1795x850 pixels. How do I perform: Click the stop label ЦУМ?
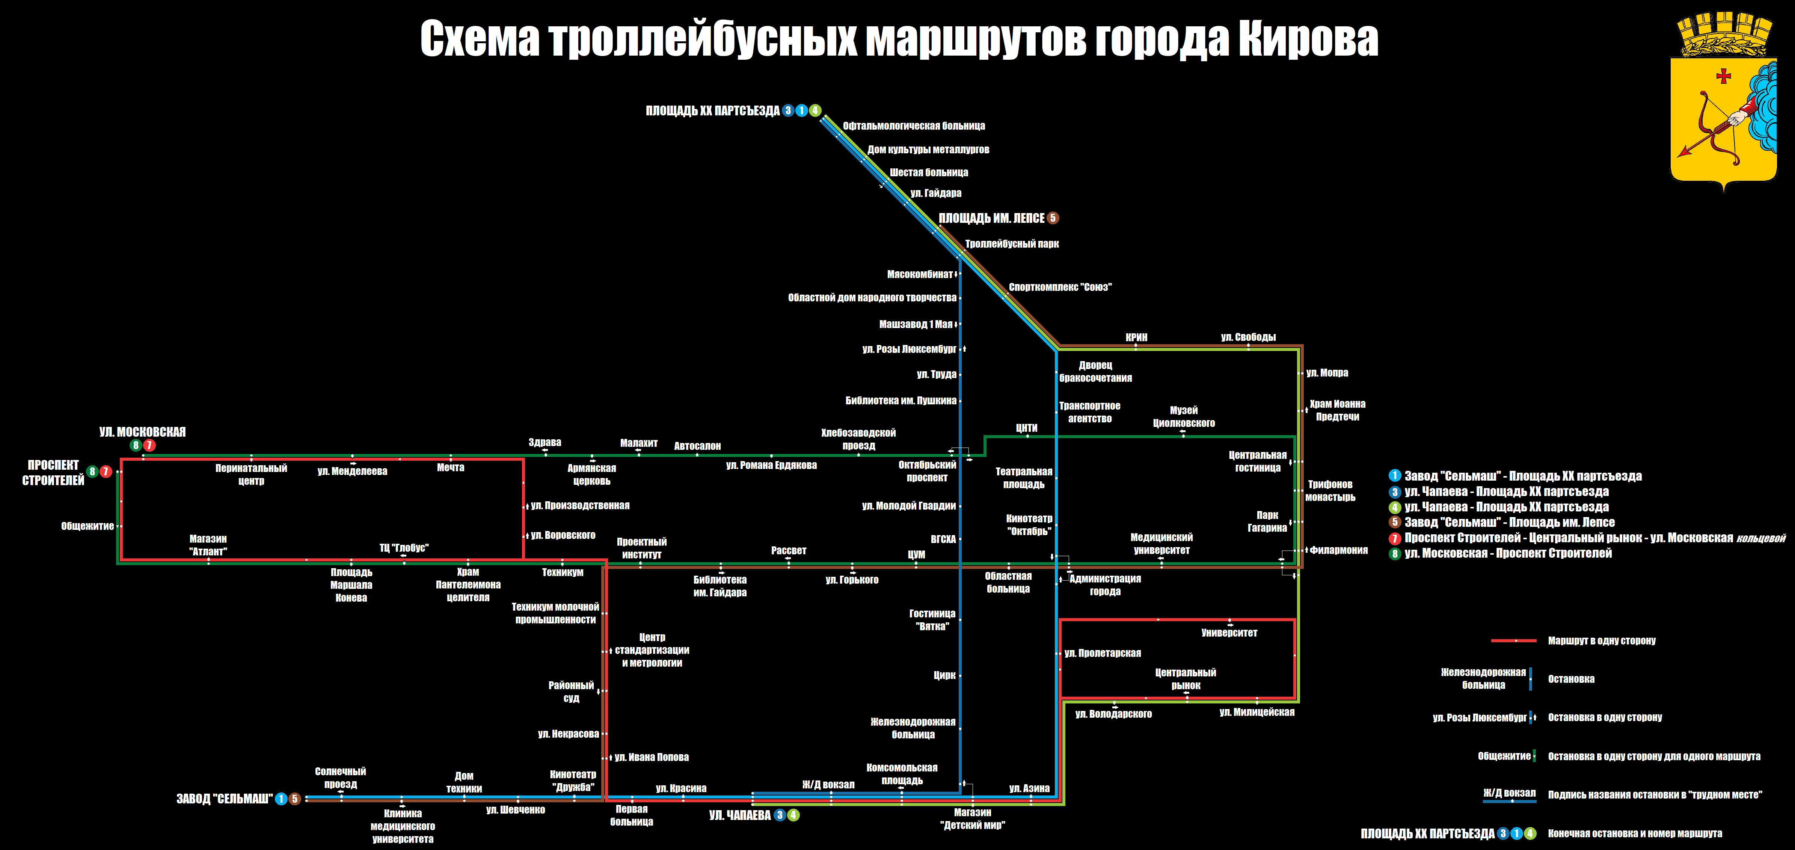coord(916,554)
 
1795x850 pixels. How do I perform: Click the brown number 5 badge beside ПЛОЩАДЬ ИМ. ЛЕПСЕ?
coord(1053,218)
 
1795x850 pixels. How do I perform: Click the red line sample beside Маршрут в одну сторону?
coord(1513,640)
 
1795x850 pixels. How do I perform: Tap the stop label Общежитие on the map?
coord(87,526)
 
